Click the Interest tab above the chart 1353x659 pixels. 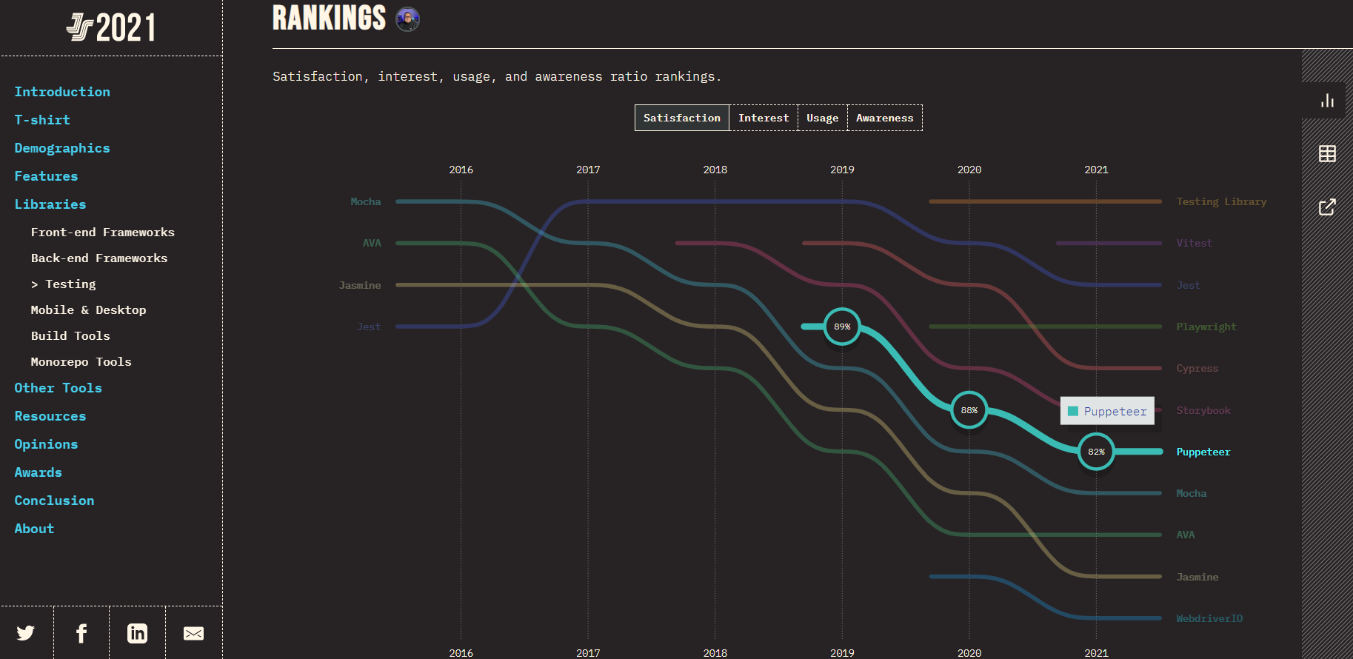pyautogui.click(x=764, y=118)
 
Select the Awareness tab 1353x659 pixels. pyautogui.click(x=884, y=118)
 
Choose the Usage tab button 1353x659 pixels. pyautogui.click(x=822, y=118)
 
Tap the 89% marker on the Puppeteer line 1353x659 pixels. pyautogui.click(x=842, y=327)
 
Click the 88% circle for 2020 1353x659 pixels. pyautogui.click(x=969, y=410)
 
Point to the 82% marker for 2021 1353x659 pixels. pyautogui.click(x=1096, y=452)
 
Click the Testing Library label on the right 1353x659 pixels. pyautogui.click(x=1221, y=201)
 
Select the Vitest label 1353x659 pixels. pyautogui.click(x=1194, y=243)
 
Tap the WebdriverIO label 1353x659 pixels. pyautogui.click(x=1209, y=618)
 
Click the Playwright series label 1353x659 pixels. pyautogui.click(x=1206, y=327)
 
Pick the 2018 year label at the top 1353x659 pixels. pyautogui.click(x=715, y=170)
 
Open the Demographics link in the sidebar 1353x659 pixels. pyautogui.click(x=62, y=148)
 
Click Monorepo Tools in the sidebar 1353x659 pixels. pyautogui.click(x=81, y=361)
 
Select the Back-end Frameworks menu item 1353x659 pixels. pyautogui.click(x=99, y=258)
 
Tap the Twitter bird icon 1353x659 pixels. pyautogui.click(x=26, y=633)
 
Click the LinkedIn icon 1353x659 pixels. pyautogui.click(x=137, y=633)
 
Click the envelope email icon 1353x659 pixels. pyautogui.click(x=193, y=633)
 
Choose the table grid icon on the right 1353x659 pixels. pyautogui.click(x=1327, y=153)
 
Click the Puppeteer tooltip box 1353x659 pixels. pyautogui.click(x=1107, y=411)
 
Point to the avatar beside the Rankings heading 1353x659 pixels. pyautogui.click(x=407, y=19)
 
